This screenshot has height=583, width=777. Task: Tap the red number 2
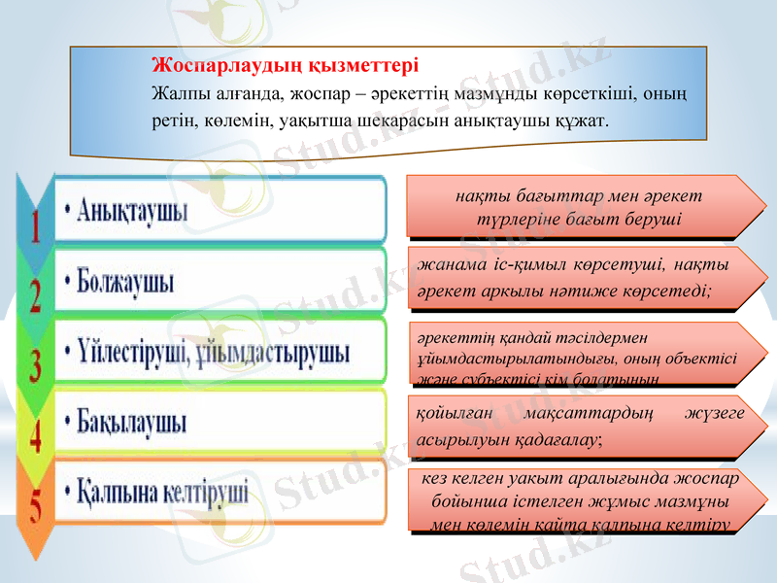(x=36, y=292)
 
